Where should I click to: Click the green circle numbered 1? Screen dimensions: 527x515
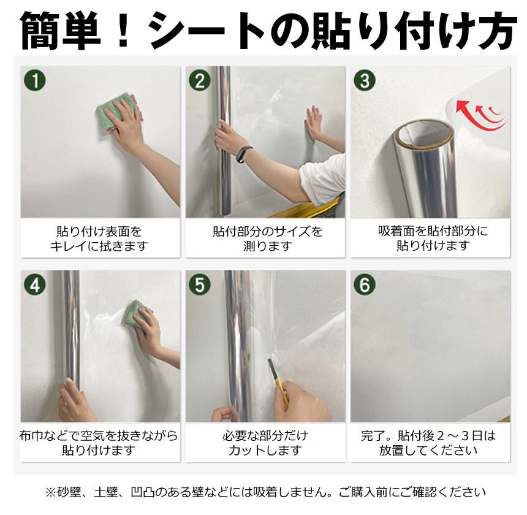click(35, 80)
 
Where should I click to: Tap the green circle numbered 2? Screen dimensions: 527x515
click(200, 80)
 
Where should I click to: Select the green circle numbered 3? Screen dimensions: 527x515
click(365, 80)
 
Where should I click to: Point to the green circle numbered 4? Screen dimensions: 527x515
click(35, 284)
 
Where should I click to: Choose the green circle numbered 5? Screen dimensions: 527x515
click(200, 284)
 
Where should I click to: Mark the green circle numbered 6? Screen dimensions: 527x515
click(365, 284)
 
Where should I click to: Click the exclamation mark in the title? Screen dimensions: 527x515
click(123, 30)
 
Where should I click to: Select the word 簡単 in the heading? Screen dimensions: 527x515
click(61, 31)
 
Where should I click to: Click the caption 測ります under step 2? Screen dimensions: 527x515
click(267, 246)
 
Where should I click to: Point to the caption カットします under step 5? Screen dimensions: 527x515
click(265, 451)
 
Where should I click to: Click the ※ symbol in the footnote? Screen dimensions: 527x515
click(50, 492)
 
